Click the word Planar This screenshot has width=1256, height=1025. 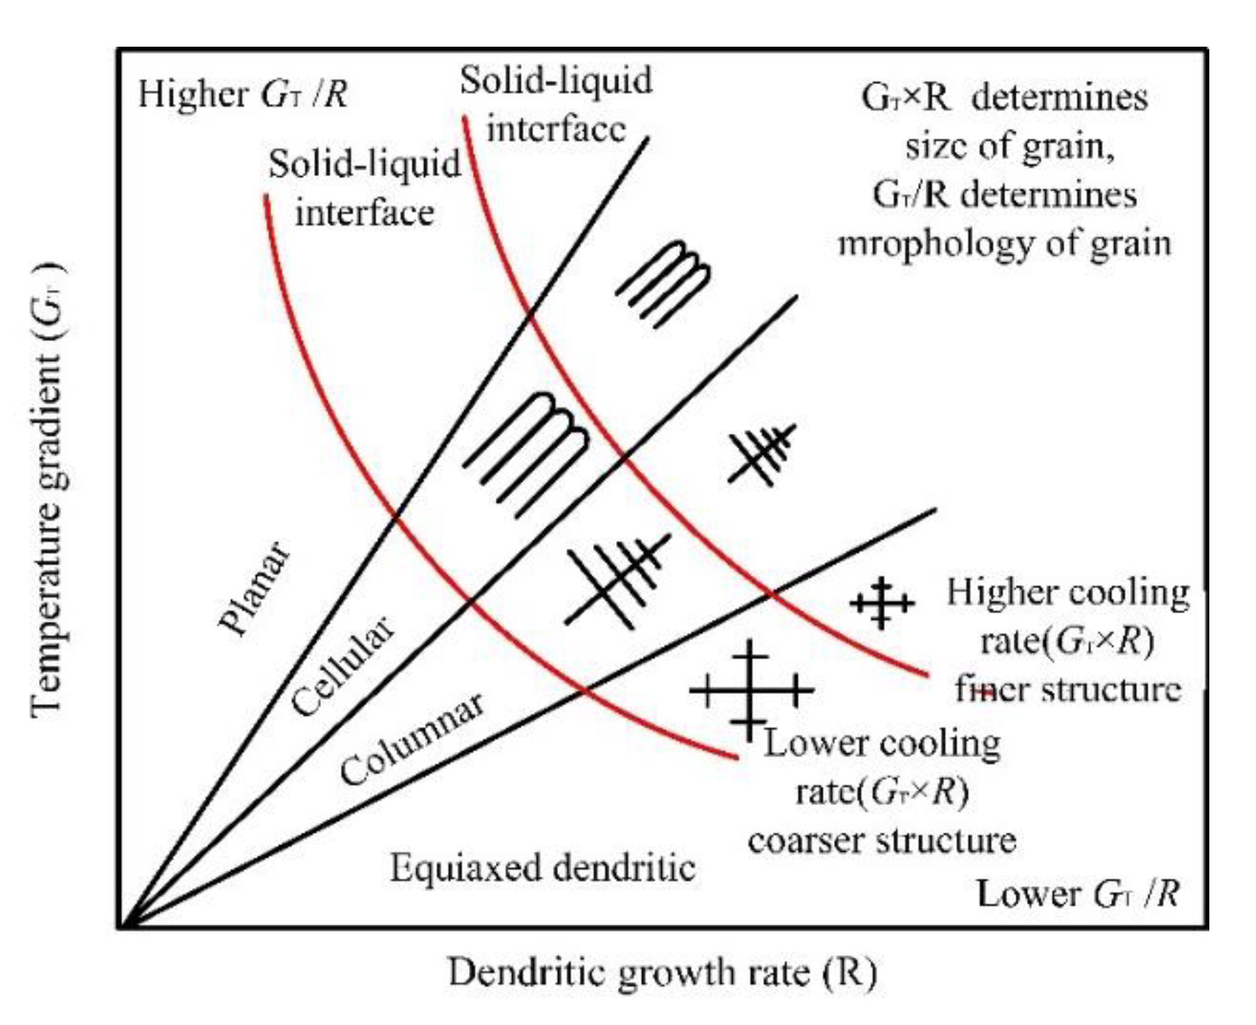tap(254, 589)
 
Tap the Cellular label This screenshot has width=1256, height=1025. tap(342, 666)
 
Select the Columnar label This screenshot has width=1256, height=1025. tap(412, 738)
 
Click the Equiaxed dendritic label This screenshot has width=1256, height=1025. tap(542, 867)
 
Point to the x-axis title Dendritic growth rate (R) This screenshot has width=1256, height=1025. tap(662, 973)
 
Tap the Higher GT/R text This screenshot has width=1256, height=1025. tap(243, 95)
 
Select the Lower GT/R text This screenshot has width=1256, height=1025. tap(1078, 894)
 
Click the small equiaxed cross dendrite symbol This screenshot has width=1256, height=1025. tap(881, 603)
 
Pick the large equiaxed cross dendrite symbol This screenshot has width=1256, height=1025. tap(750, 689)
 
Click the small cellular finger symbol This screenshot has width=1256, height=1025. tap(664, 283)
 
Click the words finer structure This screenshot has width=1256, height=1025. tap(1068, 688)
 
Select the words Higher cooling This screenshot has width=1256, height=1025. tap(1068, 593)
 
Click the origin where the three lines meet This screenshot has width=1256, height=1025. tap(122, 925)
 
